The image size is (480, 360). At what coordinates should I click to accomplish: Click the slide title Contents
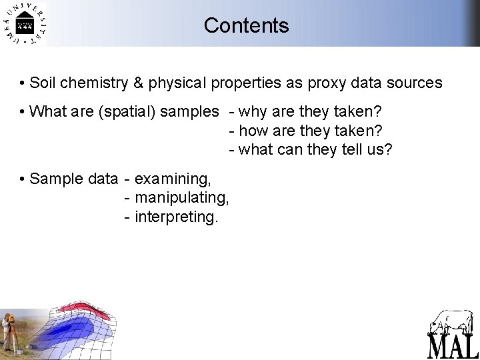246,25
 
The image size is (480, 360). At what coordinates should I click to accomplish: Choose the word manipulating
182,197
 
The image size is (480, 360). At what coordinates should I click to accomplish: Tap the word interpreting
176,216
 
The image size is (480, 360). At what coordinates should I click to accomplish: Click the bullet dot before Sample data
23,179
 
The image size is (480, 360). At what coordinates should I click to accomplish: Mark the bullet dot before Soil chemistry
23,83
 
